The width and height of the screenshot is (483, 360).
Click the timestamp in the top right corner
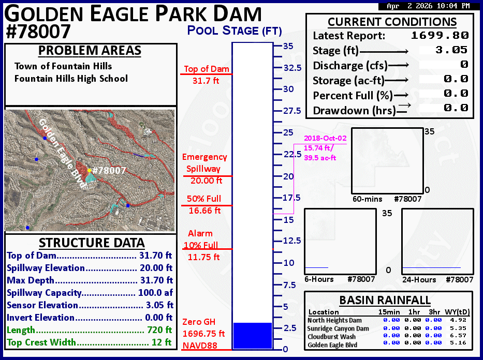tap(428, 6)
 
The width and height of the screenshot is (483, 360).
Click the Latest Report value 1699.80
tap(440, 35)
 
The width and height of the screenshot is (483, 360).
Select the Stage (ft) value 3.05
tap(451, 50)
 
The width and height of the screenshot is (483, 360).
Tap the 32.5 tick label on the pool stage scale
tap(292, 68)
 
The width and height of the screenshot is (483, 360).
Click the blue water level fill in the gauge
tap(253, 336)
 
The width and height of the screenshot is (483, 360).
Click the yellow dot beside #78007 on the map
tap(90, 170)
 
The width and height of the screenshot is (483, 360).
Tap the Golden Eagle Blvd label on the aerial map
tap(62, 153)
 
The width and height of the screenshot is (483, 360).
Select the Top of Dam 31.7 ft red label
tap(207, 75)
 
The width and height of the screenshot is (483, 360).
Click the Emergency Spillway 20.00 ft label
tap(204, 169)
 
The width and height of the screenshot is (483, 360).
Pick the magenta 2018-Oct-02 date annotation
tap(325, 138)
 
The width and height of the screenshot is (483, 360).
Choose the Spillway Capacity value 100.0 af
tap(155, 293)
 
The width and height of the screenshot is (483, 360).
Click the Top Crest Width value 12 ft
tap(162, 342)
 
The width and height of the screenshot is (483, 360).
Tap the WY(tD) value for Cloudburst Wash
tap(458, 335)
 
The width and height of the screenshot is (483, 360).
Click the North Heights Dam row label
tap(334, 320)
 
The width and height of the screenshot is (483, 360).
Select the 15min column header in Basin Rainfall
tap(389, 312)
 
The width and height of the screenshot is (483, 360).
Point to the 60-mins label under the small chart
tap(367, 199)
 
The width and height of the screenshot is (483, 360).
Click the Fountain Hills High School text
tap(71, 79)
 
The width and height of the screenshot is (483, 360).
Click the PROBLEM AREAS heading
tap(90, 51)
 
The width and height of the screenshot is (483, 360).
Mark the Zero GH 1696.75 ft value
tap(203, 334)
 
